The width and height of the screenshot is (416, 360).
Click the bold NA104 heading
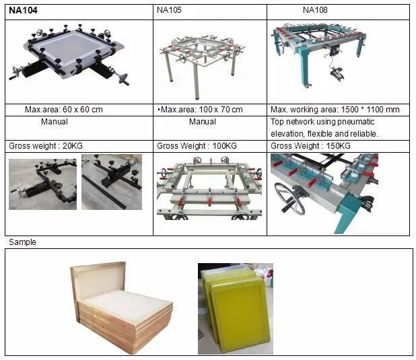tap(24, 10)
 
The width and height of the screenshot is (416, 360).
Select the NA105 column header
tap(169, 10)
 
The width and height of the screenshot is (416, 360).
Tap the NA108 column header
tap(316, 10)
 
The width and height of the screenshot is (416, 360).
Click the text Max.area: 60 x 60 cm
tap(64, 110)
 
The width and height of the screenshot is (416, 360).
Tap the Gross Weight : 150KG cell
tap(310, 145)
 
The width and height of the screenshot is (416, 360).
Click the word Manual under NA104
tap(54, 122)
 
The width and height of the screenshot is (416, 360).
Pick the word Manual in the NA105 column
tap(202, 122)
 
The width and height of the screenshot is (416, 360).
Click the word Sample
tap(22, 242)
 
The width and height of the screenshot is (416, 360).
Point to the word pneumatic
tap(357, 122)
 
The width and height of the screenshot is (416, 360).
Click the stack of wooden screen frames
tap(121, 305)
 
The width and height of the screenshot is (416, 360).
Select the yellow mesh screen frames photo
tap(235, 308)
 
